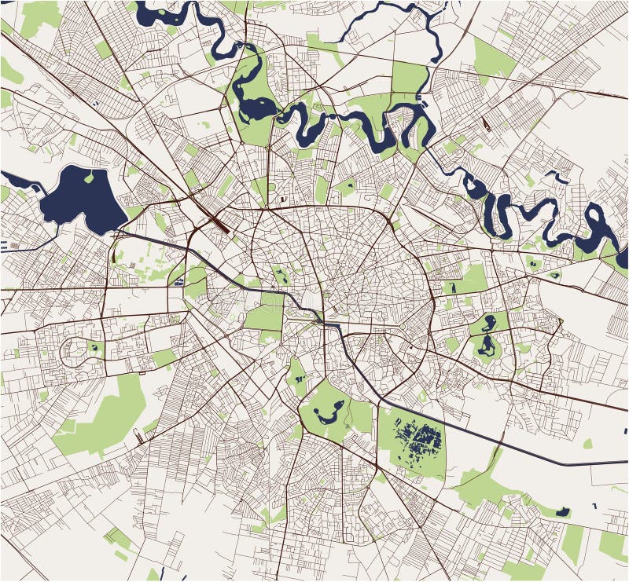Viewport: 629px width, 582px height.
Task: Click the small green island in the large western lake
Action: (x=89, y=178)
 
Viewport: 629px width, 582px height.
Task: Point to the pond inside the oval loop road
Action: (x=93, y=346)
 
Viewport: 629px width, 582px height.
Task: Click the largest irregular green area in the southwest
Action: (x=110, y=416)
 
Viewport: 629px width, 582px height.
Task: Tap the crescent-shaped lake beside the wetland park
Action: (x=329, y=409)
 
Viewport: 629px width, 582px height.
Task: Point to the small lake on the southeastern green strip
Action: (x=563, y=511)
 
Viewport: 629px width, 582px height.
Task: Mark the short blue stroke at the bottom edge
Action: (x=160, y=573)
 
